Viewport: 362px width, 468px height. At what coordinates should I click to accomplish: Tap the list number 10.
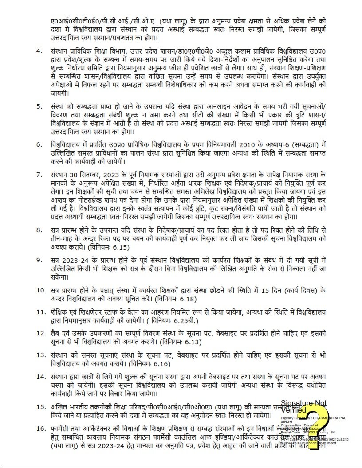[40, 290]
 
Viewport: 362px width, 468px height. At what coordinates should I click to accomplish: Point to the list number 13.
[40, 355]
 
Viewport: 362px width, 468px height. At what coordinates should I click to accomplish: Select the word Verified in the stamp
[294, 410]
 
